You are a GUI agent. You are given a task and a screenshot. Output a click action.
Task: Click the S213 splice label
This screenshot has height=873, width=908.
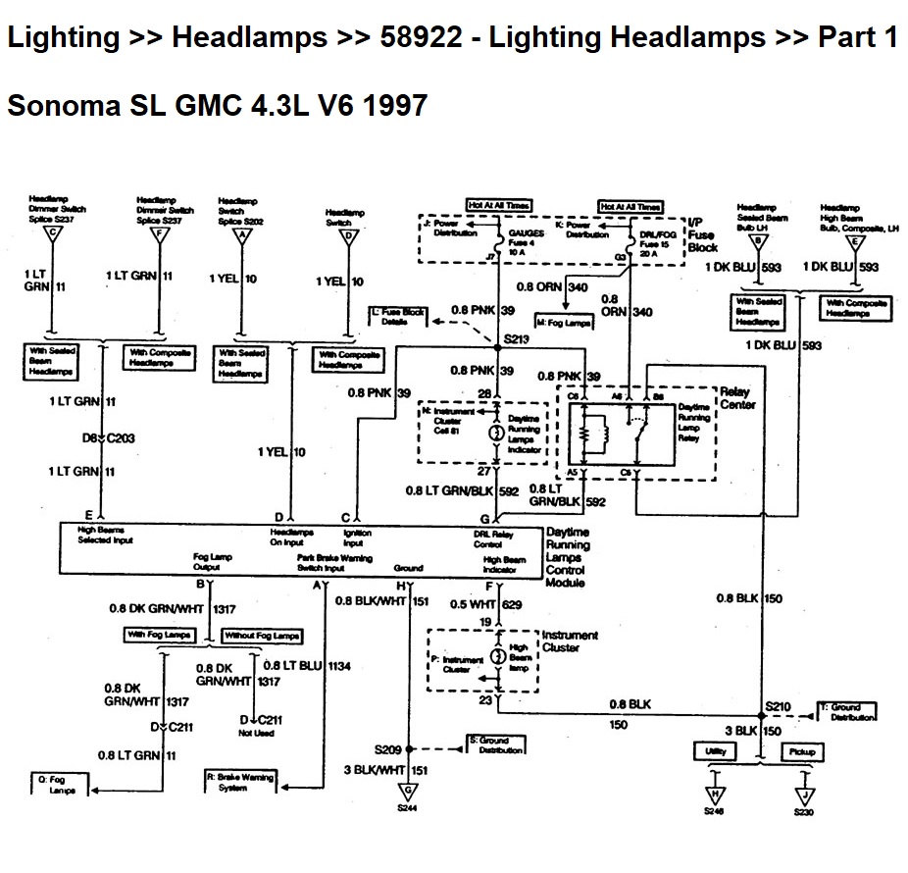(x=516, y=339)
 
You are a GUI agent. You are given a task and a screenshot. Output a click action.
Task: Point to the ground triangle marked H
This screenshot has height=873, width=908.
(x=716, y=793)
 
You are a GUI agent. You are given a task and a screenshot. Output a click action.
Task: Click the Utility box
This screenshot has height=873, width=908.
(x=715, y=752)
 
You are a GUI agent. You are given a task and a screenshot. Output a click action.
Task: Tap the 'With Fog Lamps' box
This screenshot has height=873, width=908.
(x=158, y=635)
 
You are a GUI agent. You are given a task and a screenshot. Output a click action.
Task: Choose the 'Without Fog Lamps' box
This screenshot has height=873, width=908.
(x=262, y=636)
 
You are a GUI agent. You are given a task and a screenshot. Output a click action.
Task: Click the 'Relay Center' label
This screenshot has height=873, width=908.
(x=737, y=397)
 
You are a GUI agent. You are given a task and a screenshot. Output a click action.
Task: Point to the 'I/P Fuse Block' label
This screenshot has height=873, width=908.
(x=702, y=235)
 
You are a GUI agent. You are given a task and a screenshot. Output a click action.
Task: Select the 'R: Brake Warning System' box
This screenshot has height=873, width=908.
(x=239, y=783)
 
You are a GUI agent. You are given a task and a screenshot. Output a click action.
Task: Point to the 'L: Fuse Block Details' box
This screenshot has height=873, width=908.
(x=398, y=316)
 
